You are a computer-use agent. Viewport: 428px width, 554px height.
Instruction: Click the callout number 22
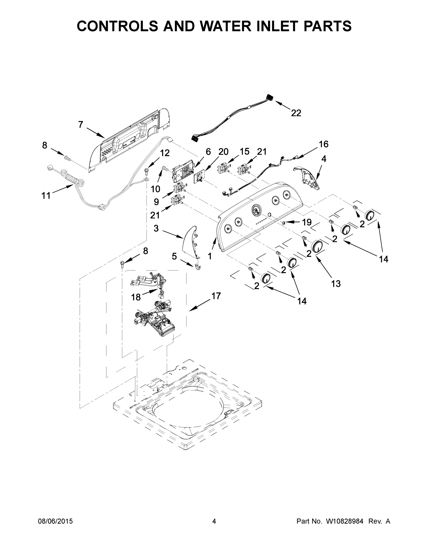[x=296, y=113]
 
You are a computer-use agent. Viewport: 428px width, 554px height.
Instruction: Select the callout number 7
[x=81, y=125]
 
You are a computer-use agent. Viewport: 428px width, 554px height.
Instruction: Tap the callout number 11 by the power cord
[x=46, y=196]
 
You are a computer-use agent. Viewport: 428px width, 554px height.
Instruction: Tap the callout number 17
[x=216, y=296]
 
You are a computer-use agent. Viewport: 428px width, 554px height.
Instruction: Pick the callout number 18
[x=136, y=297]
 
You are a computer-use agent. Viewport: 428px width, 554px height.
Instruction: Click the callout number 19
[x=307, y=222]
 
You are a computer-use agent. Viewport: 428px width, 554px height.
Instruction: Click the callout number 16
[x=323, y=144]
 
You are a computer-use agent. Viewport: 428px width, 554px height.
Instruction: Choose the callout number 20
[x=223, y=152]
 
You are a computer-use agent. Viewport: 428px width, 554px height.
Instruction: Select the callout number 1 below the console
[x=210, y=256]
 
